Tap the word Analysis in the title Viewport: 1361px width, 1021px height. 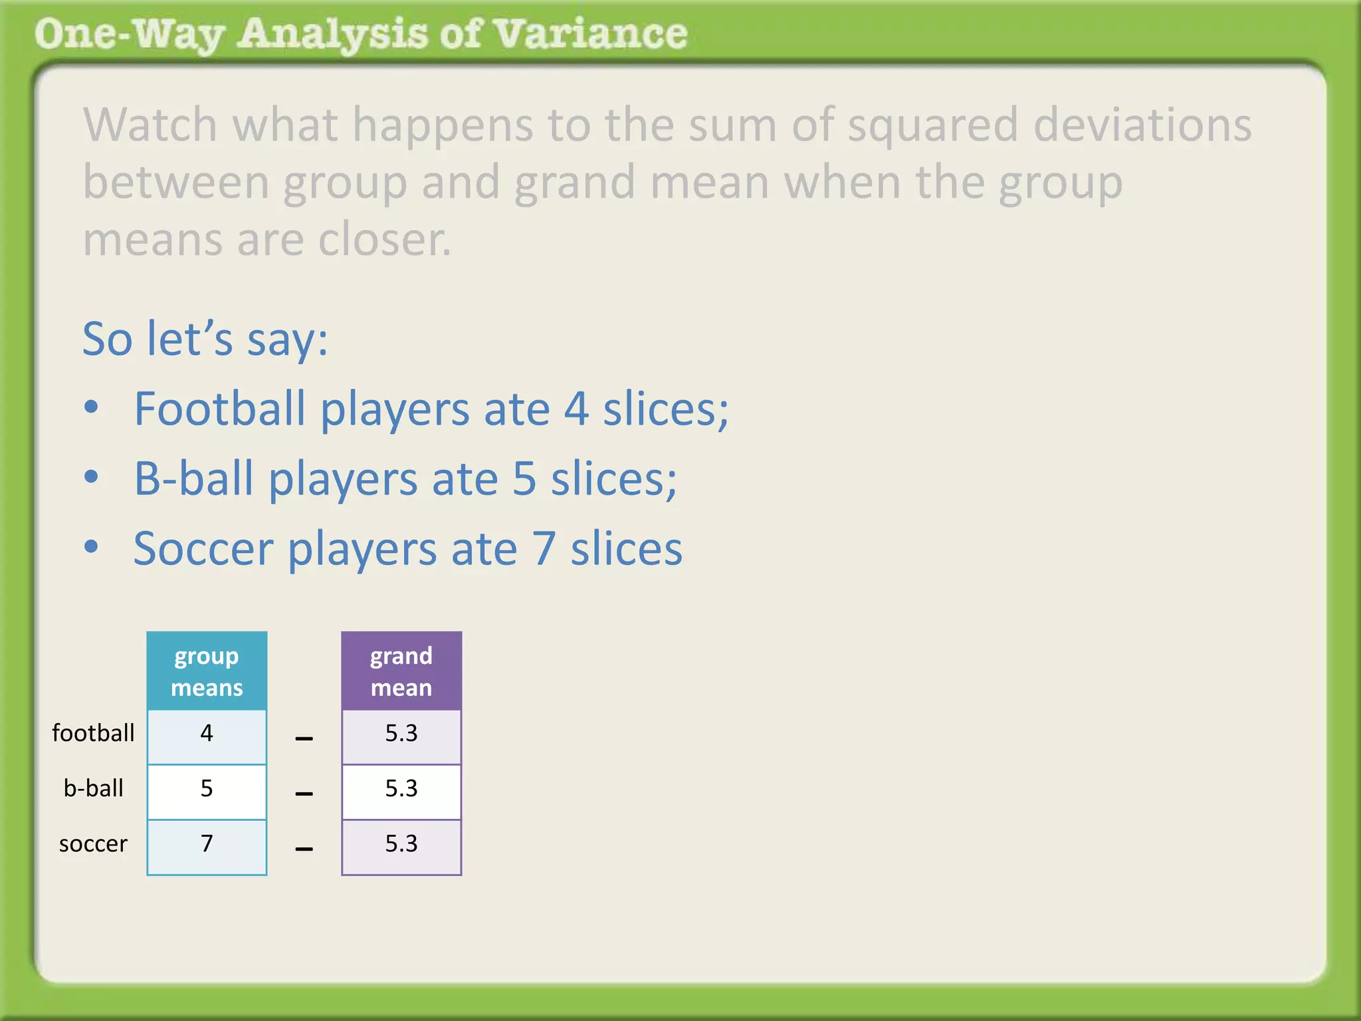[x=332, y=35]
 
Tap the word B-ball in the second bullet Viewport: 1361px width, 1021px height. [x=193, y=479]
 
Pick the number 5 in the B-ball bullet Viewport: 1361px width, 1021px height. [x=524, y=479]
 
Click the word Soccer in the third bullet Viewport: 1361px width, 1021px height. [x=203, y=549]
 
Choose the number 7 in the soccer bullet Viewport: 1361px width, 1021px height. [x=544, y=549]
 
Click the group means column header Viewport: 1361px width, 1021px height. [x=207, y=671]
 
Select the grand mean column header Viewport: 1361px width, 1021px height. [x=401, y=671]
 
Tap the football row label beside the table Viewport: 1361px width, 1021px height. [x=93, y=733]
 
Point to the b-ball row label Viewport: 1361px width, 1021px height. [x=93, y=788]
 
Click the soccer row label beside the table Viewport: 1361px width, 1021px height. [x=93, y=844]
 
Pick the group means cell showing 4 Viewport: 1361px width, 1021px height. [x=207, y=734]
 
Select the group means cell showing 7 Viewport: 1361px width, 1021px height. [x=207, y=844]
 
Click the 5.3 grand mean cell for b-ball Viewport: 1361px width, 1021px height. [x=401, y=789]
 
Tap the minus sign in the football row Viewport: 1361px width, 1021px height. [x=304, y=738]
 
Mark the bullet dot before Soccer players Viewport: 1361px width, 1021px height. [x=92, y=546]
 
